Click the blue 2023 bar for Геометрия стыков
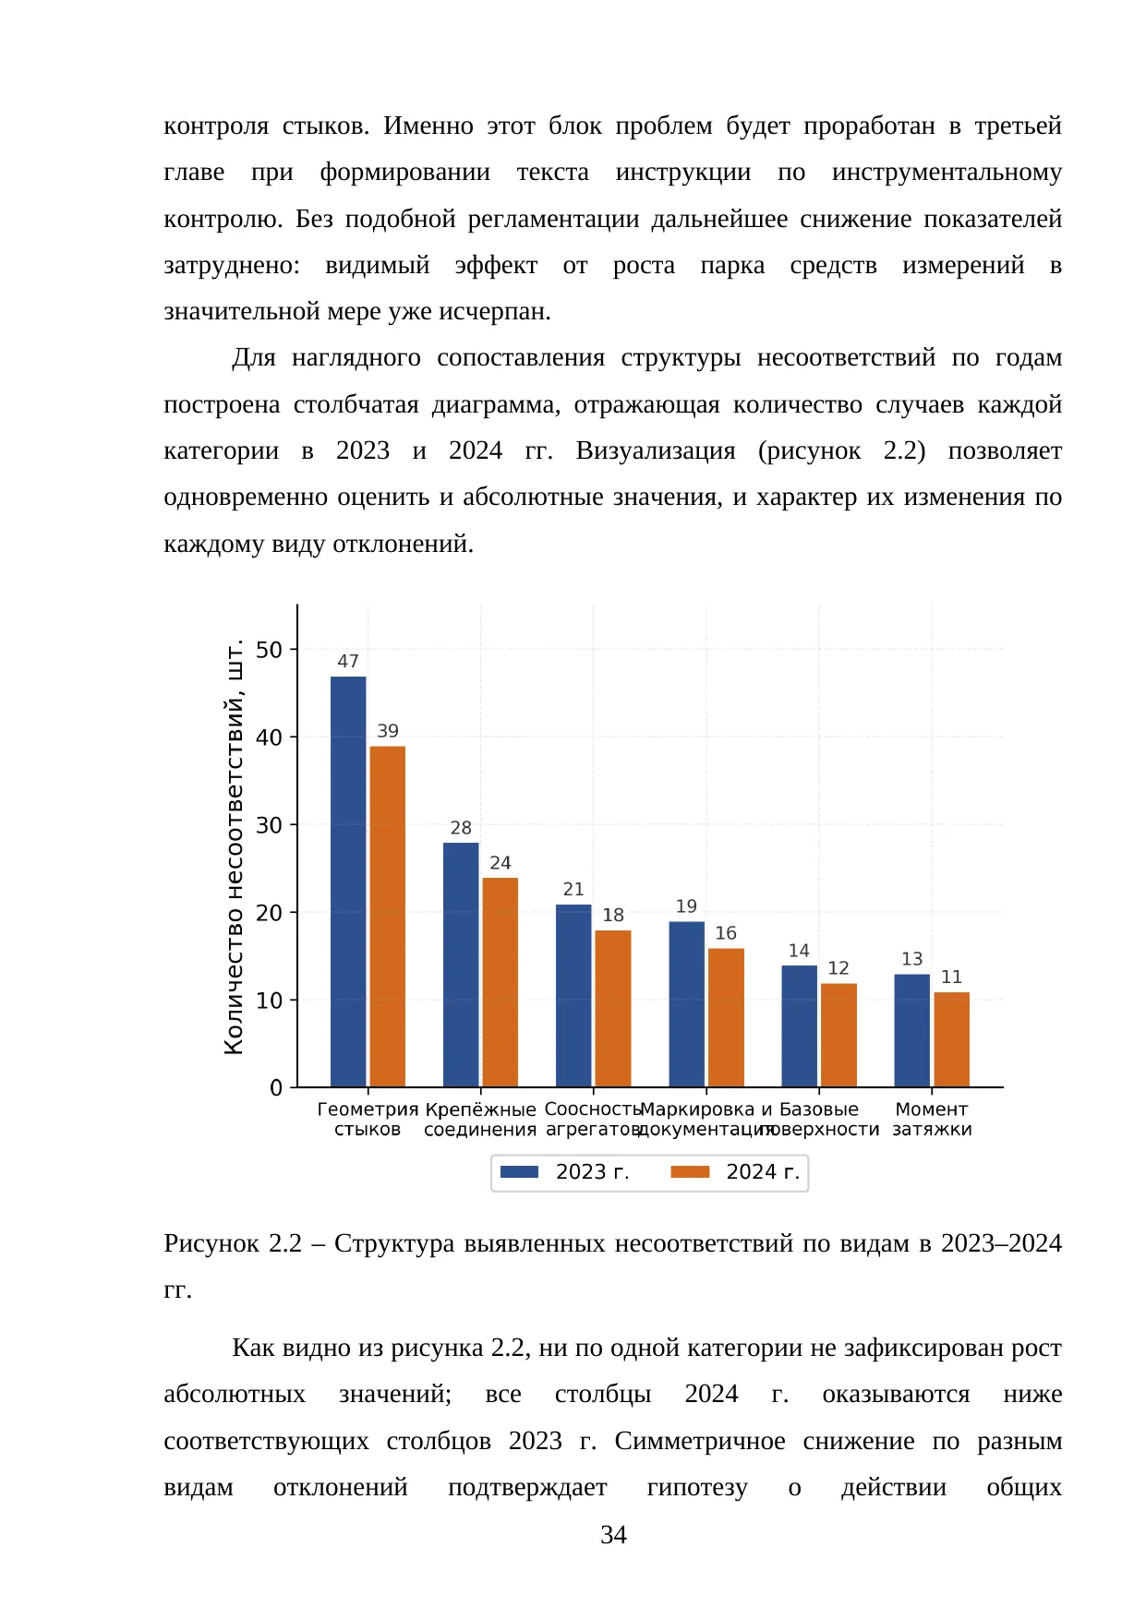pyautogui.click(x=348, y=881)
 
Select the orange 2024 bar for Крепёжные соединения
pyautogui.click(x=500, y=982)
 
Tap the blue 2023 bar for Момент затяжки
pyautogui.click(x=912, y=1030)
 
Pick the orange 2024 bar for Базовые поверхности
pyautogui.click(x=838, y=1035)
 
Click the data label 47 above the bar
pyautogui.click(x=348, y=662)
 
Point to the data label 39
pyautogui.click(x=388, y=731)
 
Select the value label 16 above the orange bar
pyautogui.click(x=726, y=933)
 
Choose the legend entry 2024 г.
pyautogui.click(x=736, y=1172)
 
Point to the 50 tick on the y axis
pyautogui.click(x=269, y=650)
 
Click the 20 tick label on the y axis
pyautogui.click(x=269, y=913)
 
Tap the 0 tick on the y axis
pyautogui.click(x=276, y=1088)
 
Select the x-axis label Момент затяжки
pyautogui.click(x=932, y=1120)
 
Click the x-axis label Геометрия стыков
pyautogui.click(x=368, y=1120)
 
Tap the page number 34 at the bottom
pyautogui.click(x=613, y=1535)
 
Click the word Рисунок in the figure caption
pyautogui.click(x=212, y=1244)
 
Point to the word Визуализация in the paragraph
pyautogui.click(x=656, y=451)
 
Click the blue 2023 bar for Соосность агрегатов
pyautogui.click(x=573, y=996)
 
